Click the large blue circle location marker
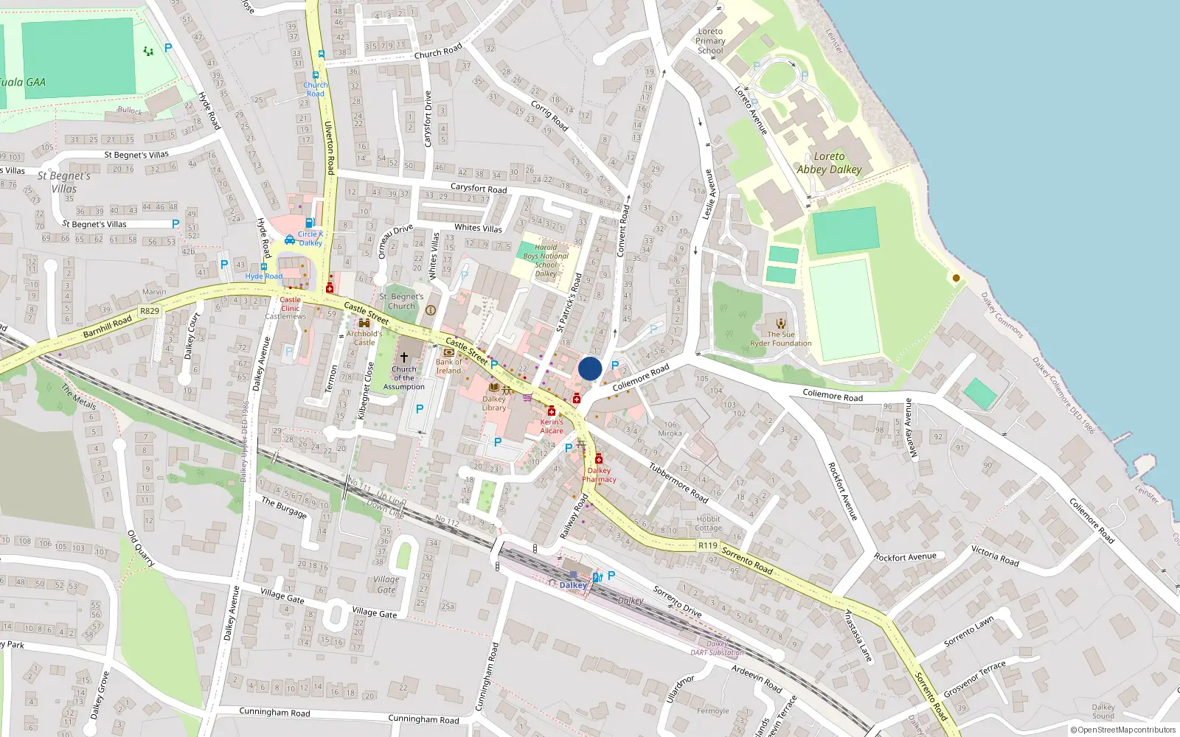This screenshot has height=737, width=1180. click(x=590, y=368)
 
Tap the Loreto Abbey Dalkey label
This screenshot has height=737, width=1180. click(x=829, y=163)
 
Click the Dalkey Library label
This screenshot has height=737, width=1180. click(x=494, y=403)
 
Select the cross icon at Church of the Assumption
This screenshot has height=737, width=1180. click(x=404, y=357)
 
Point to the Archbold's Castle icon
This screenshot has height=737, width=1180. click(x=364, y=323)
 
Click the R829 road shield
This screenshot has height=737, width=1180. click(x=150, y=311)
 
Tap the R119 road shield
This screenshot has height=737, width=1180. click(x=707, y=545)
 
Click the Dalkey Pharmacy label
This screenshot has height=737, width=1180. click(x=599, y=475)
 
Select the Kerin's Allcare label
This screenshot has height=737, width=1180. click(x=552, y=427)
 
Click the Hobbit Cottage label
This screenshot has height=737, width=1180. click(x=708, y=523)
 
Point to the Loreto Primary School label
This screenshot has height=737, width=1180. click(x=710, y=41)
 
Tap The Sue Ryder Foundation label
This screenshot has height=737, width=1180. click(x=780, y=339)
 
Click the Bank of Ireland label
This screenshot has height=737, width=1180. click(x=448, y=366)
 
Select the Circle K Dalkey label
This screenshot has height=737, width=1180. click(x=310, y=239)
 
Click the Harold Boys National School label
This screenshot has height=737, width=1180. click(x=546, y=261)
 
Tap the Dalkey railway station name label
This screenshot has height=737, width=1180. click(x=573, y=585)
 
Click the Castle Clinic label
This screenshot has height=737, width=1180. click(x=290, y=304)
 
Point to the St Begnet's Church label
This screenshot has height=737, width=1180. click(x=401, y=301)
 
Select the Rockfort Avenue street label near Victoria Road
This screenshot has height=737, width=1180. click(x=905, y=557)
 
